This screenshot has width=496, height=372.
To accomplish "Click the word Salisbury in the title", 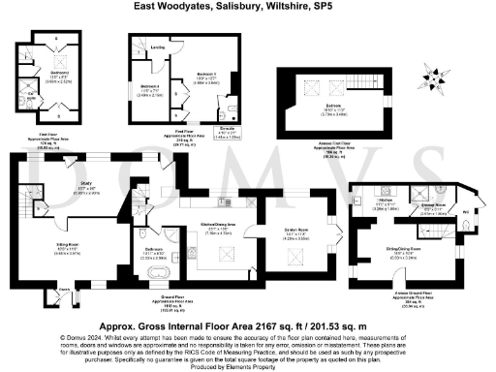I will tap(229, 6).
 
